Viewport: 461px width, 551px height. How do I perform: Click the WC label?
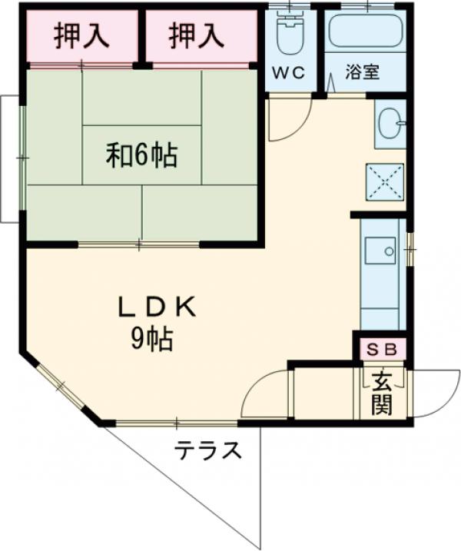pos(289,74)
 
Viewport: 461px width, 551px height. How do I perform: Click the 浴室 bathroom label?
pos(363,74)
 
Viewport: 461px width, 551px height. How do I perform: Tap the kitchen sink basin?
pos(379,251)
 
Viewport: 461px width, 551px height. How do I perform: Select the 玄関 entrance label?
pos(382,393)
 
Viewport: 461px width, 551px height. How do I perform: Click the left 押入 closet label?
pos(81,35)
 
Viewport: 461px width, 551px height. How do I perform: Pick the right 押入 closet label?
pos(197,35)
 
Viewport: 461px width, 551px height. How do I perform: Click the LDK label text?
pos(158,307)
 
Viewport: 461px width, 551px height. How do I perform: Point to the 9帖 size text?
pos(151,339)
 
